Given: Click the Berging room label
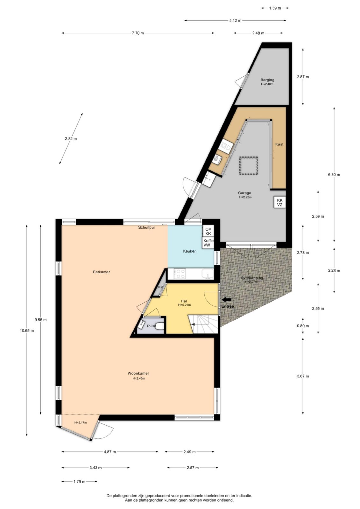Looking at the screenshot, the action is coord(267,80).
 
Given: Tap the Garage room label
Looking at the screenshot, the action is coord(244,193).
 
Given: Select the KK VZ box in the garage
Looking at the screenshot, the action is coord(279,202).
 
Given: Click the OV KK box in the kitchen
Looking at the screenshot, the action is coord(208,231).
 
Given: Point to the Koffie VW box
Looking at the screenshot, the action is coord(208,243).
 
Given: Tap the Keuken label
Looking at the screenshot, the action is coord(190,251).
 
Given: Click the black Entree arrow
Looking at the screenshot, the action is coord(227,299).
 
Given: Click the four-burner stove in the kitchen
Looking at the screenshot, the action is coord(180,274).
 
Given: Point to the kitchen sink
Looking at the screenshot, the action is coord(208,274).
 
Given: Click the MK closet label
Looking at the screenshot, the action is coord(160,287).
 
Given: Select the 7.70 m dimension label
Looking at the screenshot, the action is coord(138,33).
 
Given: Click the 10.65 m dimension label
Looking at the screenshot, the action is coord(27,331).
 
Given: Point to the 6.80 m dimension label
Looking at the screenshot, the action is coord(334,175).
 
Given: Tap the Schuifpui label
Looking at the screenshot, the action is coord(146,227).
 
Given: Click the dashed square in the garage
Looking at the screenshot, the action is coord(249,166).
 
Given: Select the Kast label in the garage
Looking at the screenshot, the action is coord(279,144).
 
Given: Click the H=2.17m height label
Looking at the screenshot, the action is coord(81,422).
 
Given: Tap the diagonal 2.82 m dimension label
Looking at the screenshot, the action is coord(71,139).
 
